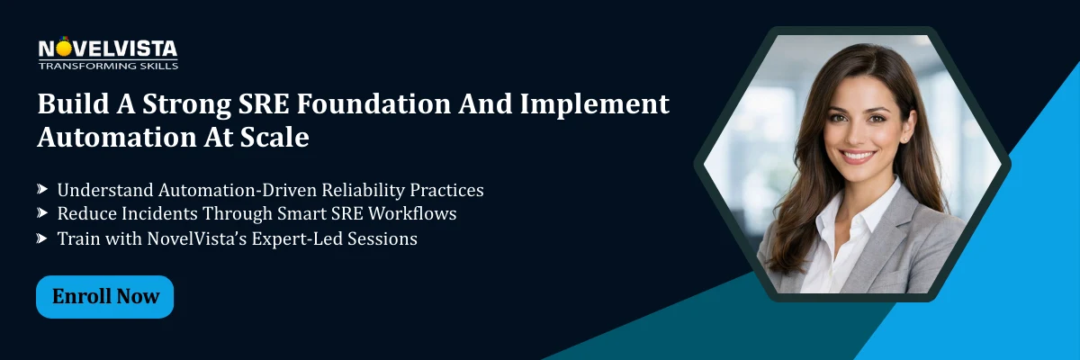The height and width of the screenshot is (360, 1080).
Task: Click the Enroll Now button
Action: click(104, 297)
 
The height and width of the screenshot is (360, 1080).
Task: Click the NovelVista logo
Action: click(107, 49)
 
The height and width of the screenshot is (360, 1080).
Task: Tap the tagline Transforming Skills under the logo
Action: click(107, 66)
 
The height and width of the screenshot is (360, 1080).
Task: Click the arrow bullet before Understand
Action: click(42, 190)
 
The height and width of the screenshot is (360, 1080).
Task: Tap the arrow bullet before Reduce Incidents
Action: click(42, 214)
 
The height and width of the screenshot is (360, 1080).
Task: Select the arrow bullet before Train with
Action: click(42, 238)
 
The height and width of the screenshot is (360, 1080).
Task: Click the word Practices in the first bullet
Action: click(446, 191)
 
